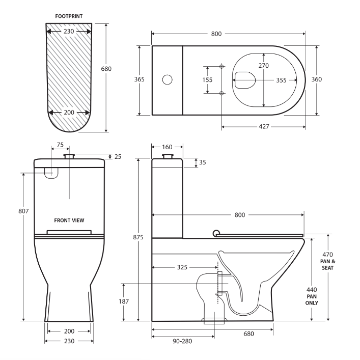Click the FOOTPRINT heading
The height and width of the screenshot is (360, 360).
[x=69, y=16]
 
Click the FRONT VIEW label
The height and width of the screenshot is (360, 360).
[x=69, y=220]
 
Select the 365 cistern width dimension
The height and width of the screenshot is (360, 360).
[x=139, y=79]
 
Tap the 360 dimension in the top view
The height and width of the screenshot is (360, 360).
[x=317, y=79]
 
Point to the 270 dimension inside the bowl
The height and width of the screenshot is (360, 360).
[x=263, y=66]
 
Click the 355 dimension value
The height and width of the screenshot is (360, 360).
[x=281, y=80]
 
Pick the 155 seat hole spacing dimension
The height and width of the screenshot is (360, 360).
[x=207, y=80]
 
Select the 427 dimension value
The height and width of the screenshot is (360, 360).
[x=263, y=126]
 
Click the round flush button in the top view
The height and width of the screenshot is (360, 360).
[x=167, y=79]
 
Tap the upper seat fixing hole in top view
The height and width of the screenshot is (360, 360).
[x=221, y=66]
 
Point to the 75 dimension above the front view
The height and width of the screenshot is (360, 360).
[x=60, y=145]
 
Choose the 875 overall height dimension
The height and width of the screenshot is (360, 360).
[x=139, y=237]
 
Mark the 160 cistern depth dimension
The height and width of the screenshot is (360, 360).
[x=167, y=147]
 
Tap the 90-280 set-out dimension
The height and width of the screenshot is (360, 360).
[x=182, y=341]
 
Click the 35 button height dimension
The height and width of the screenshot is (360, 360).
[x=203, y=162]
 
